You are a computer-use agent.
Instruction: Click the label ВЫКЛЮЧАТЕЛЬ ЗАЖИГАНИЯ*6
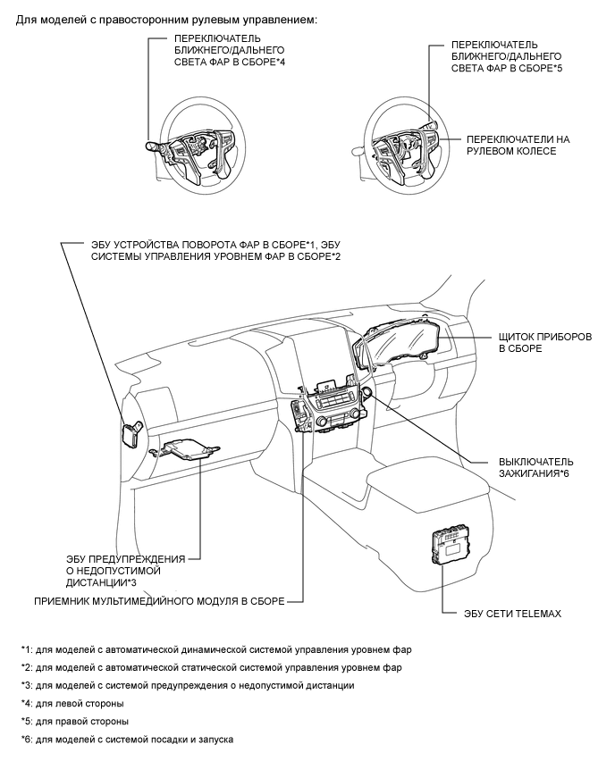535,467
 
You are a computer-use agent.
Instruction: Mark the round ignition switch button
366,394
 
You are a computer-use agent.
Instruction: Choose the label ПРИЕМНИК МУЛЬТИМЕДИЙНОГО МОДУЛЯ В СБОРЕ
159,602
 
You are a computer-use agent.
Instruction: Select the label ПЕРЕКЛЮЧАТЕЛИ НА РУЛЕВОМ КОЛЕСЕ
518,146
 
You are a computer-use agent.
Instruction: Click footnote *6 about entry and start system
128,739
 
